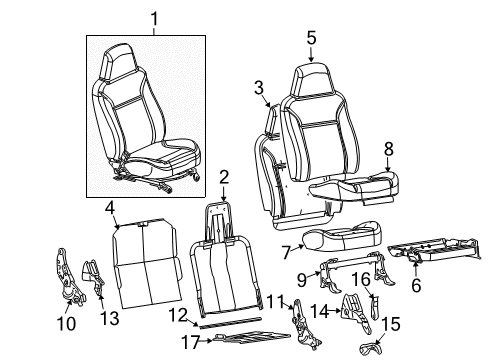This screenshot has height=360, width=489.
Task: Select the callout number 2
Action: pos(224,177)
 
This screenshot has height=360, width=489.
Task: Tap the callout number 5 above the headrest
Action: pos(311,37)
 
